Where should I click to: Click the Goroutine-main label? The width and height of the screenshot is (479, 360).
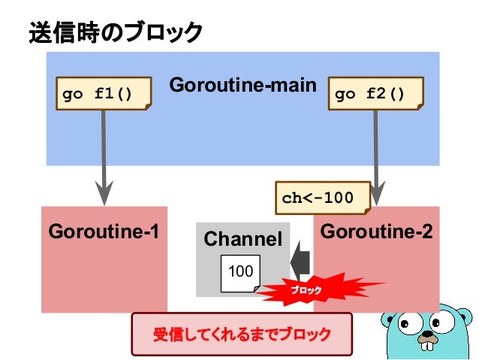coord(243,85)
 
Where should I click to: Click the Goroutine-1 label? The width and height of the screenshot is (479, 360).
coord(104,231)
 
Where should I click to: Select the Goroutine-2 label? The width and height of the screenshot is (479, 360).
coord(376,231)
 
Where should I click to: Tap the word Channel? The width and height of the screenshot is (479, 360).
coord(243,240)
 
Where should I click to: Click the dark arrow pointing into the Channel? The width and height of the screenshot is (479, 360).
coord(301,259)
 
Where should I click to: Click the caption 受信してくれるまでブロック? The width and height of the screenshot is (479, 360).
coord(242,333)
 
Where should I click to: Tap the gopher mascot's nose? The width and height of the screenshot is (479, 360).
coord(426,336)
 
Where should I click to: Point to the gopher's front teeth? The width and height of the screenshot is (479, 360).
coord(428,346)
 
